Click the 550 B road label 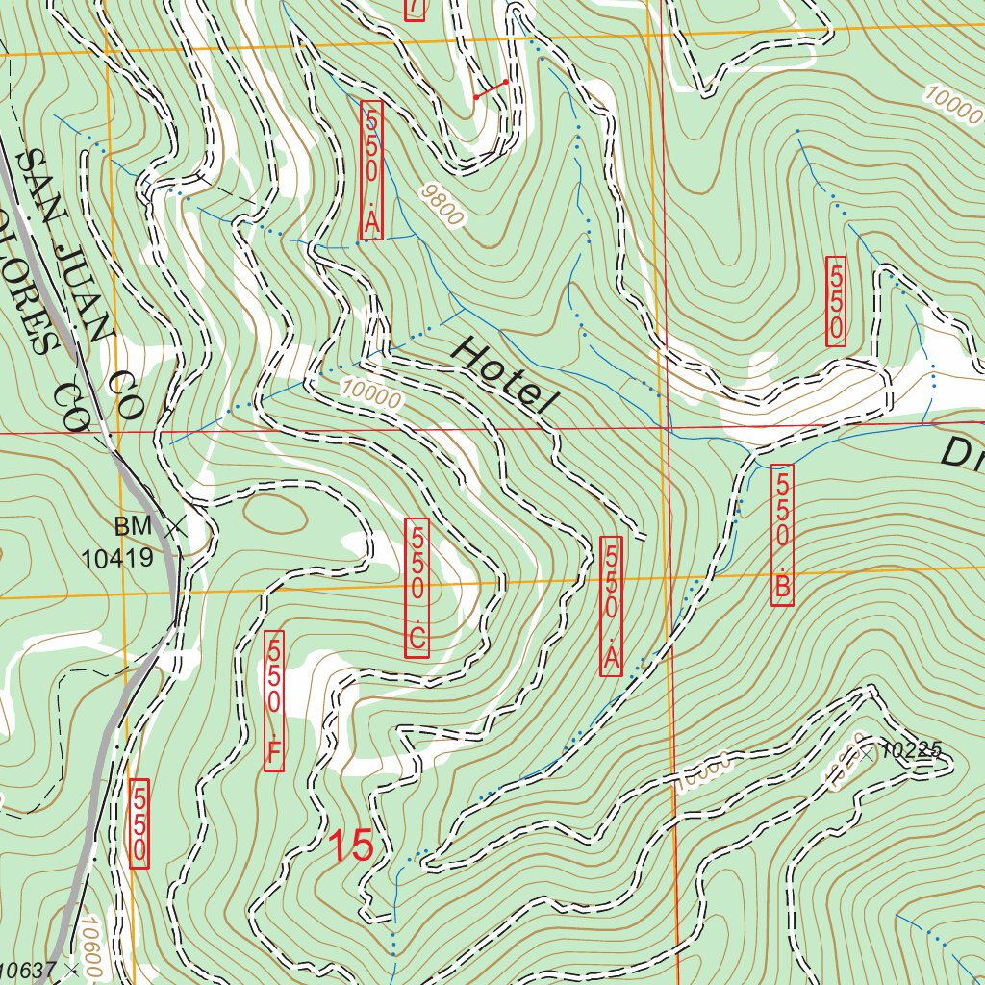pos(782,536)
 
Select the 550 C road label pos(417,589)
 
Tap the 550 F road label pos(275,701)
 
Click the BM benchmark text pos(133,526)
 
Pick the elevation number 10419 pos(117,557)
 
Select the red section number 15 pos(351,846)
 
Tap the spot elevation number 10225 pos(909,750)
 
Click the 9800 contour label pos(442,205)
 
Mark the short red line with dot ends pos(491,89)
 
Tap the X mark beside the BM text pos(174,526)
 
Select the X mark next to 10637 pos(69,972)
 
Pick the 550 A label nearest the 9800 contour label pos(371,170)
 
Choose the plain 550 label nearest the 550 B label pos(836,302)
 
